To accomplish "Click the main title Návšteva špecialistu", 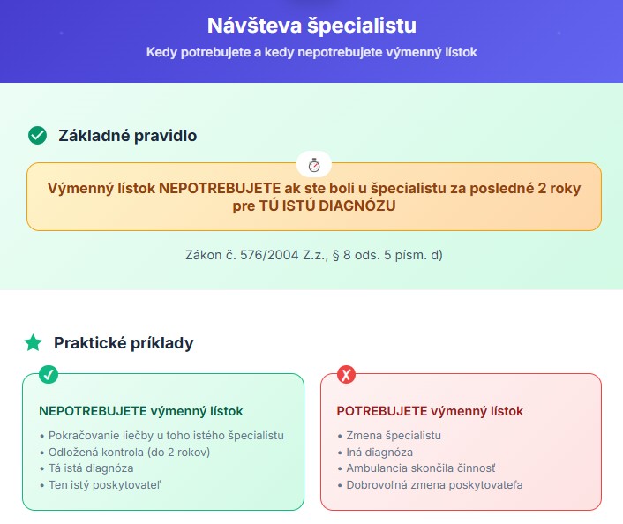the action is (311, 26).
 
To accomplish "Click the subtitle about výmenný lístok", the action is (311, 52).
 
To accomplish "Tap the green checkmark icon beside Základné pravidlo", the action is (37, 136).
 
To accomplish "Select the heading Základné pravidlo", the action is (128, 136).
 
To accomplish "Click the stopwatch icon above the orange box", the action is (314, 164).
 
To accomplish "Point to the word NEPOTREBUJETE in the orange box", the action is (220, 188).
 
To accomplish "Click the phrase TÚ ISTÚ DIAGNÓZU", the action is (327, 206).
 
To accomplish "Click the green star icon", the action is (33, 343).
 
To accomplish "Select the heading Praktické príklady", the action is (124, 343).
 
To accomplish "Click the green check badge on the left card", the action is (49, 374).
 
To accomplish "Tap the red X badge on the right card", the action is (346, 374).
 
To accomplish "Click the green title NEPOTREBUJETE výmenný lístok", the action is (140, 411).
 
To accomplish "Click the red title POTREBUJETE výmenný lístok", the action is (430, 411).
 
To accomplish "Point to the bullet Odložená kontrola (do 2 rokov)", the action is (129, 452).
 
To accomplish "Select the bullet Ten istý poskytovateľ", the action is (104, 485).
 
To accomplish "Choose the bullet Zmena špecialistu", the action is (394, 436).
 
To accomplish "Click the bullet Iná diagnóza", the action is (379, 452).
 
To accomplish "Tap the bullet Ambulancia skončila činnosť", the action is (421, 468).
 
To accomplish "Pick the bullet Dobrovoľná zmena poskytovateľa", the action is (434, 485).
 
